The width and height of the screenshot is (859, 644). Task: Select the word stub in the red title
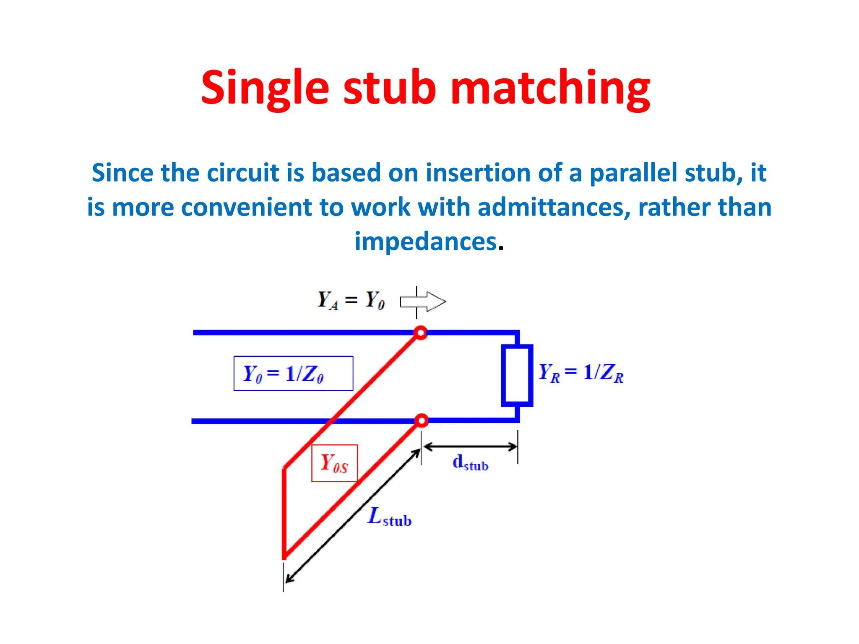point(390,88)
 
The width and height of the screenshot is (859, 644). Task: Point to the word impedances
point(426,241)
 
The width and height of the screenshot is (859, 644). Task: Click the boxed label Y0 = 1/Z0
point(293,373)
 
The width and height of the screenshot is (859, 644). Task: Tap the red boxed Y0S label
point(334,463)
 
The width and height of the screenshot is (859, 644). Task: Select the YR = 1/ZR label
point(581,372)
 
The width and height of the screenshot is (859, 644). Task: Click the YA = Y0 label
point(351,300)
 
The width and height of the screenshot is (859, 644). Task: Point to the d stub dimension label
point(470,463)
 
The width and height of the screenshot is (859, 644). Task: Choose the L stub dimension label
point(389,517)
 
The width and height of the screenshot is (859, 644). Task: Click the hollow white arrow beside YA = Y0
point(423,301)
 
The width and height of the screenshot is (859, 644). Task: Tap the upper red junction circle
point(420,333)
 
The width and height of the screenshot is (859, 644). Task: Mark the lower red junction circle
point(422,421)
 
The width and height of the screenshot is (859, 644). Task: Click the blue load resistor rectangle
point(517,376)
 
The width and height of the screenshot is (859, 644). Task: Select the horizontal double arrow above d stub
point(470,447)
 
